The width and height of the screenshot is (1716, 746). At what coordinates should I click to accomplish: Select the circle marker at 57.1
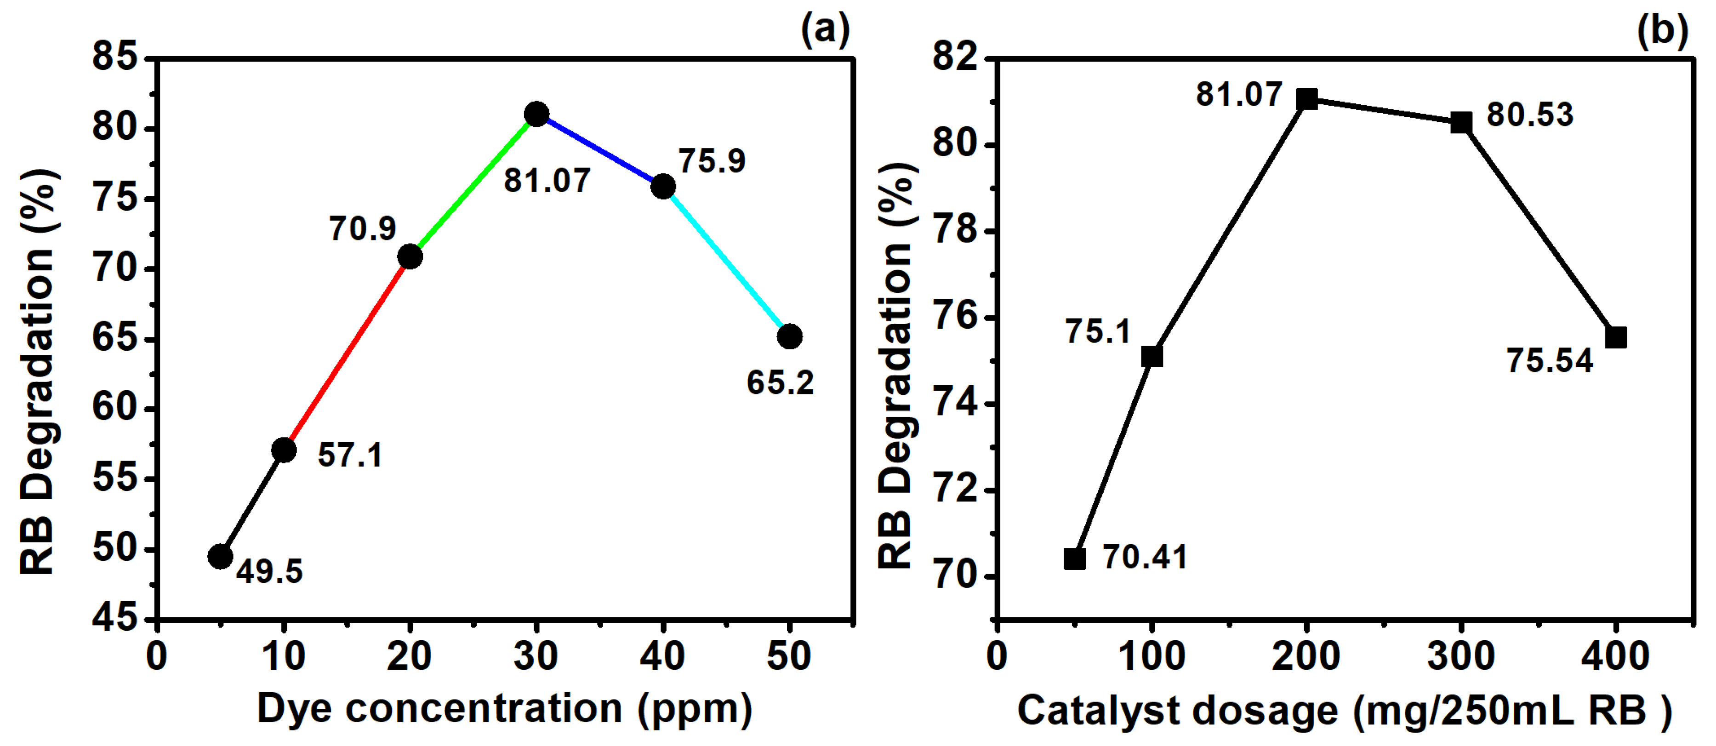point(284,450)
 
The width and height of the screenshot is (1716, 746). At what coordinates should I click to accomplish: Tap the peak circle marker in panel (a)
point(536,114)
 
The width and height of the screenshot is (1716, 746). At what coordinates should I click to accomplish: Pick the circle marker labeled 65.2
point(789,336)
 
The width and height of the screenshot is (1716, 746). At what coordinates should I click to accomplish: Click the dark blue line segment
point(599,150)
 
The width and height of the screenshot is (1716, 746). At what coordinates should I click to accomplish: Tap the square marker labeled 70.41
point(1074,559)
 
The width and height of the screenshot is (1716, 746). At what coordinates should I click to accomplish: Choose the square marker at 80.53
point(1461,123)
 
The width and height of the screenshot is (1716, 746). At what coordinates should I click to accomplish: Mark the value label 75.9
point(712,161)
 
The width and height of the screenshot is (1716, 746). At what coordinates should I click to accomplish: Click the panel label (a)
point(825,30)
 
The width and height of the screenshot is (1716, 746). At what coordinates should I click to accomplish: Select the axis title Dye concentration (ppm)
point(504,709)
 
